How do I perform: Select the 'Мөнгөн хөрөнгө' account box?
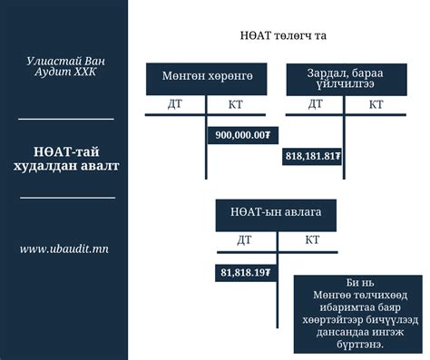pos(213,78)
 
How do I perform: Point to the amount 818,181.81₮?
pos(313,156)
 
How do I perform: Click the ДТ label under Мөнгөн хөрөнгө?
pos(177,104)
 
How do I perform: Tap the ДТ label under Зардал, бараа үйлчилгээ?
pos(315,104)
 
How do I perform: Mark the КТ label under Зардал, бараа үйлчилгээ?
pos(376,104)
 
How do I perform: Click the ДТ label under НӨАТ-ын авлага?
pos(244,240)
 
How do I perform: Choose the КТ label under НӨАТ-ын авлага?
pos(312,240)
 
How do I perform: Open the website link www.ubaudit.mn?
pos(64,248)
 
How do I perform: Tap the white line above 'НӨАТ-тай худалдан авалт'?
pos(65,119)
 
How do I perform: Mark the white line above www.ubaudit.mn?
pos(67,197)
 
